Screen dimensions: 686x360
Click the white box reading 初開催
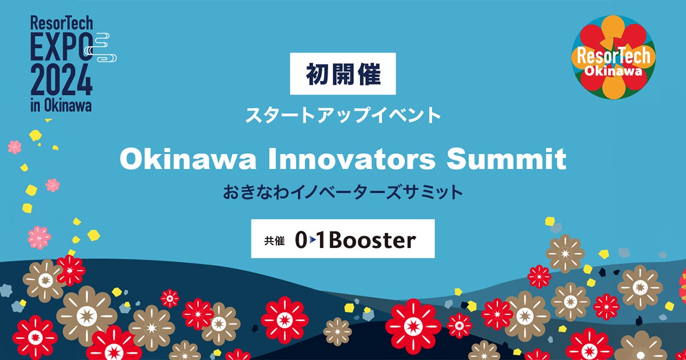coord(342,74)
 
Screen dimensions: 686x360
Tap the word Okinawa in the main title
coord(188,159)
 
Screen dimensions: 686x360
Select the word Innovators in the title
coord(352,159)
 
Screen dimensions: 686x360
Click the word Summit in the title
coord(506,159)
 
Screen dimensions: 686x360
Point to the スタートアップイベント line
coord(343,115)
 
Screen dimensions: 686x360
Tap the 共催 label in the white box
coord(274,241)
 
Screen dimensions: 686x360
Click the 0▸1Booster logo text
coord(356,241)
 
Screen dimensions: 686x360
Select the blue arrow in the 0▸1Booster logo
coord(312,241)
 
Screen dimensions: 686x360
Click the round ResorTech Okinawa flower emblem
coord(613,57)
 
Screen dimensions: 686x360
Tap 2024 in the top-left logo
coord(61,80)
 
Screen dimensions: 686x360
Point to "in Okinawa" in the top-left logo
coord(61,106)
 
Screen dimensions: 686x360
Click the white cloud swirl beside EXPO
coord(101,47)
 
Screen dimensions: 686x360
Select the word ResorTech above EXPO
coord(61,23)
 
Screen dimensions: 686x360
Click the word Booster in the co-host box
coord(373,241)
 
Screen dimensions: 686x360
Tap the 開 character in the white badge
coord(343,74)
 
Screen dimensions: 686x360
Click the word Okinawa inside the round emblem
coord(613,71)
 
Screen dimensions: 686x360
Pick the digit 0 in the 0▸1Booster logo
coord(301,241)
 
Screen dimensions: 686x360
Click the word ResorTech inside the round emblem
coord(613,57)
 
